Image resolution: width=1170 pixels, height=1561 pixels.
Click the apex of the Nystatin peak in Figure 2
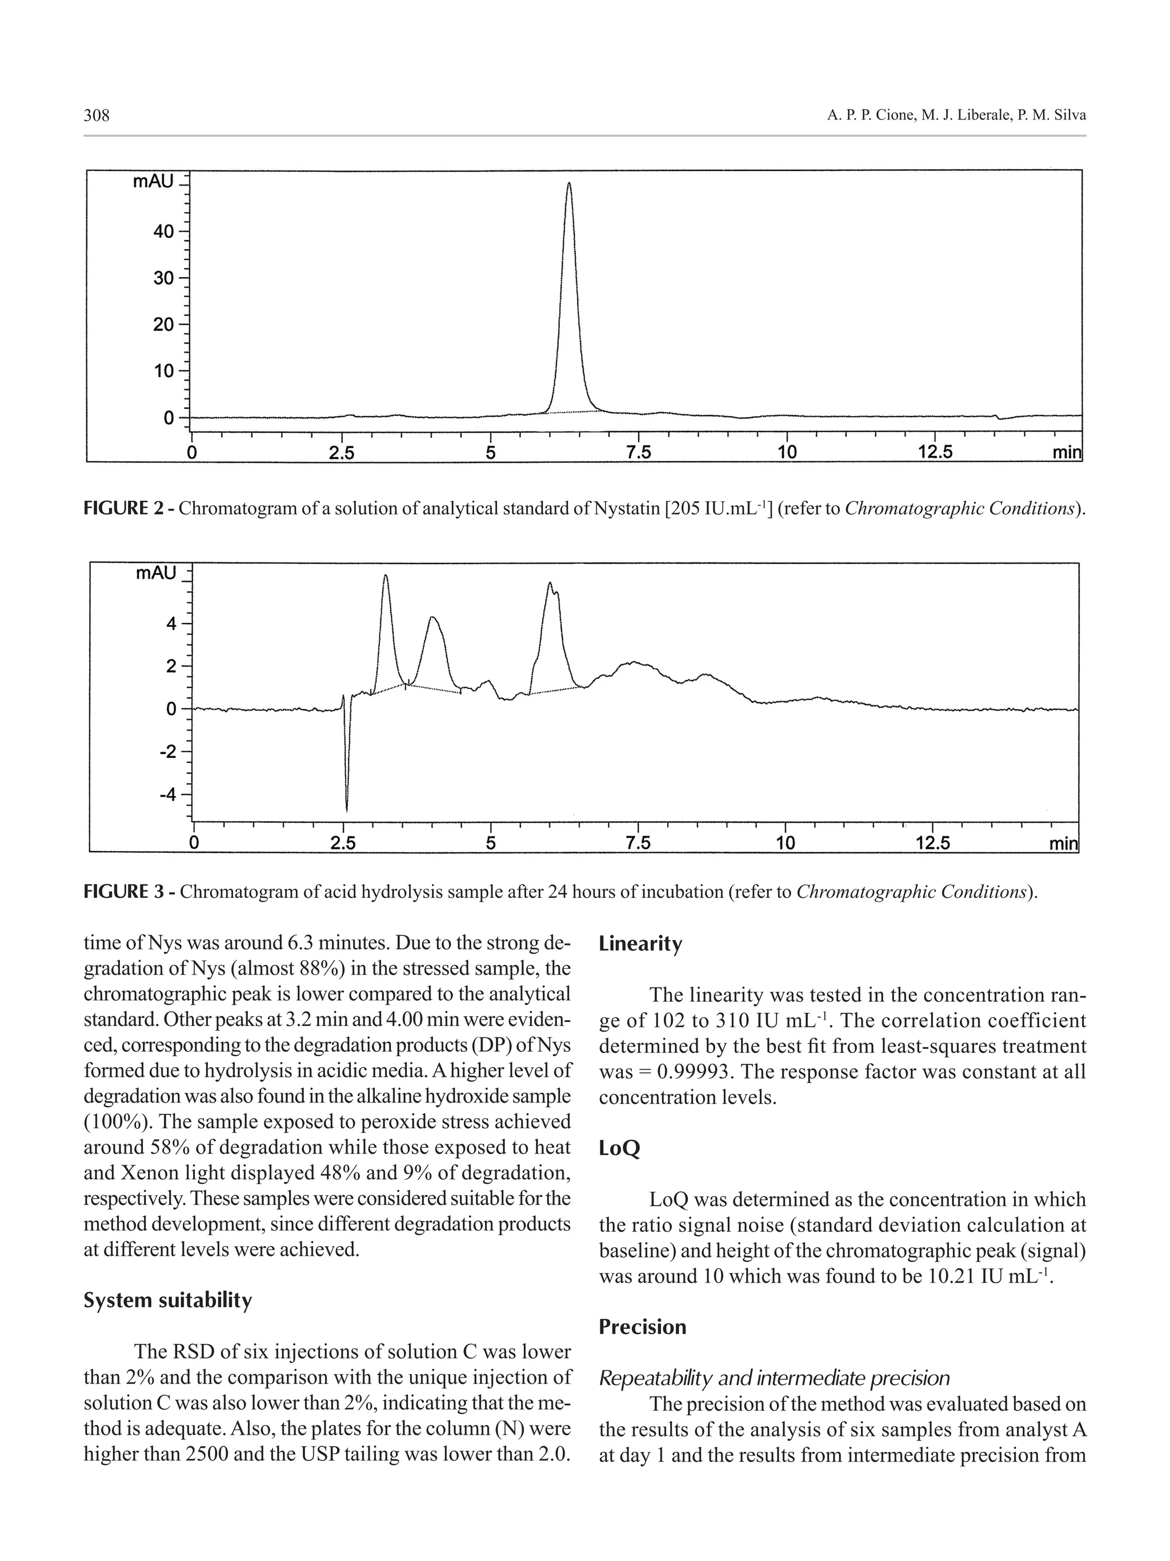click(568, 183)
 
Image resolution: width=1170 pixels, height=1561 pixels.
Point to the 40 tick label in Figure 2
click(163, 231)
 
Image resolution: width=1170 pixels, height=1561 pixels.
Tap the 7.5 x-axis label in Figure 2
click(638, 452)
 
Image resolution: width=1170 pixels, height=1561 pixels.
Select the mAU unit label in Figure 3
click(156, 573)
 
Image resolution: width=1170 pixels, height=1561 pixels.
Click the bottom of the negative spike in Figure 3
click(346, 810)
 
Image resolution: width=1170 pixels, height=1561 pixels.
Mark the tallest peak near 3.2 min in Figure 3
click(385, 576)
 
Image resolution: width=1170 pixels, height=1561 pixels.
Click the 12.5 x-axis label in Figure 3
click(932, 843)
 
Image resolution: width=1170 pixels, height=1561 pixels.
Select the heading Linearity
click(640, 944)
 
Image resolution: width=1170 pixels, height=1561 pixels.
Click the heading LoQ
click(619, 1148)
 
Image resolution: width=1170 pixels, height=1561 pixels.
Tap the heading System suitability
click(167, 1300)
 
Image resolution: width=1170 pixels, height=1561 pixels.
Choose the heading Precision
click(642, 1327)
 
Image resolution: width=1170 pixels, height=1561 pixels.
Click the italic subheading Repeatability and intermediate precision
click(774, 1378)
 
